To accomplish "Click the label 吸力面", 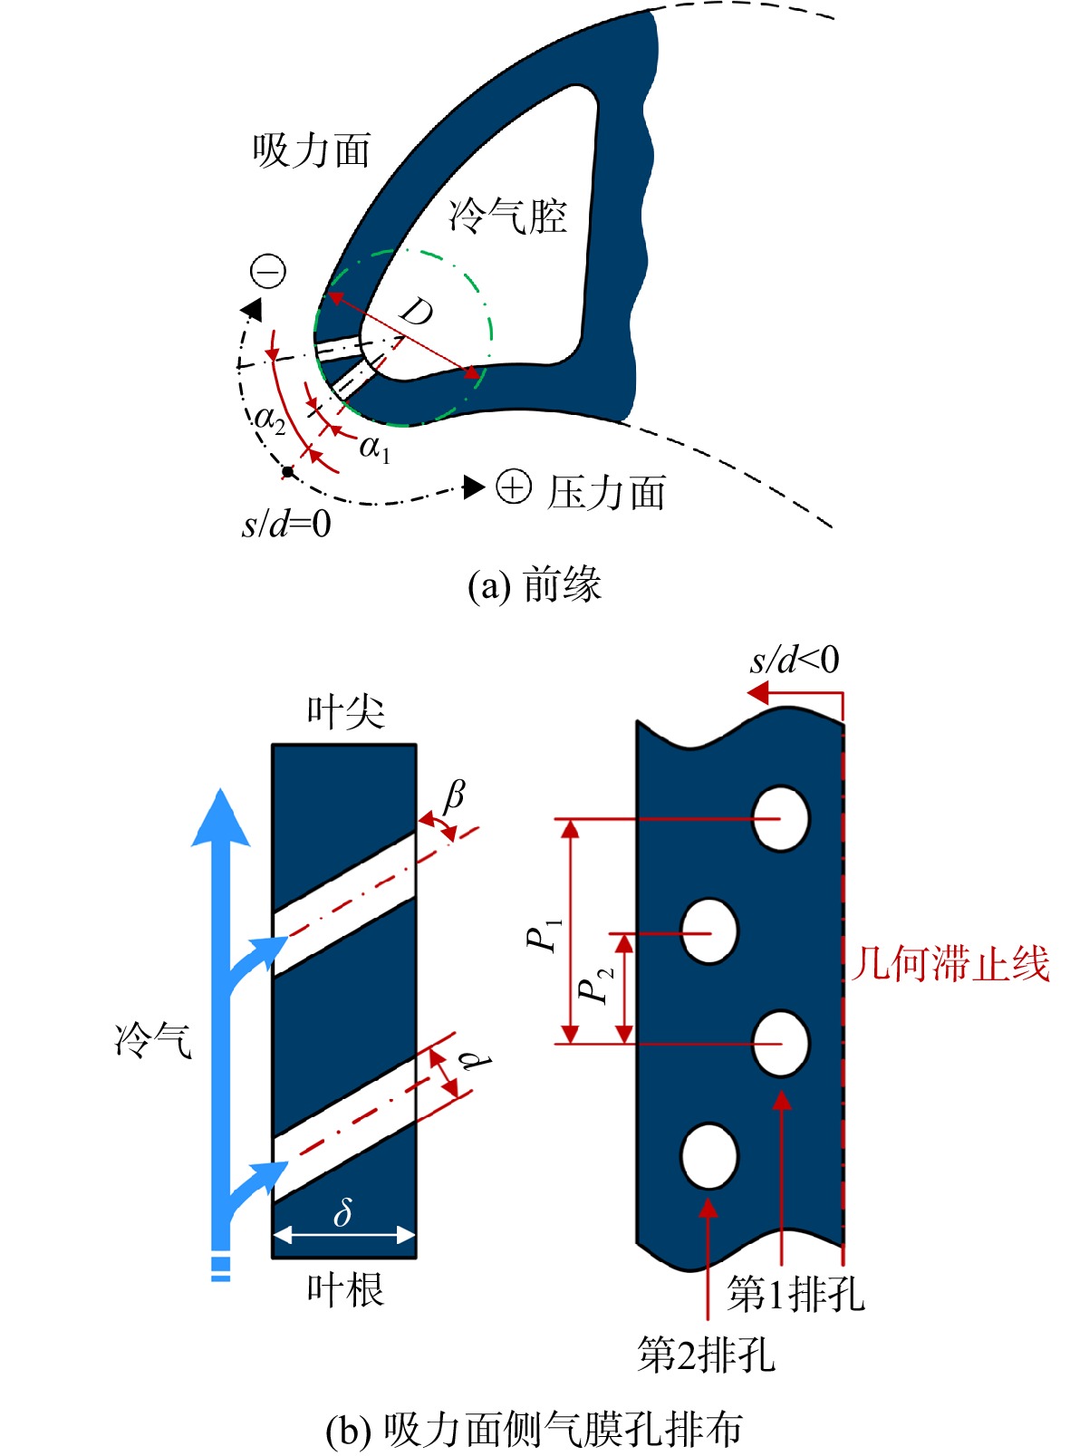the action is coord(312,150).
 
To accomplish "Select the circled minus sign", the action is coord(268,272).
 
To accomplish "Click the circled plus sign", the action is coord(514,487).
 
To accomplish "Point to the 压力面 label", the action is coord(606,493).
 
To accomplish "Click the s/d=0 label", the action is coord(286,524).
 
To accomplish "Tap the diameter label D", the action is coord(416,314).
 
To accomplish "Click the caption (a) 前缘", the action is coord(535,585).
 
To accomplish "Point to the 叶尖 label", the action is coord(346,713).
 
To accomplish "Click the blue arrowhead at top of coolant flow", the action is coord(221,818).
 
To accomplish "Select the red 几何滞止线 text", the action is coord(951,964).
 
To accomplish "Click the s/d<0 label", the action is coord(795,660).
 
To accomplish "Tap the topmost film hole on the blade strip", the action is coord(781,818).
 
